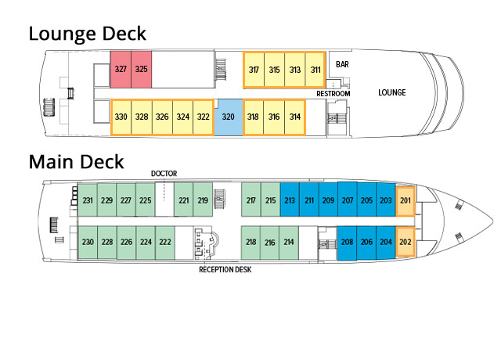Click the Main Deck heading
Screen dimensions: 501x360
[x=77, y=162]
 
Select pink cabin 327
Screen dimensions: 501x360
[x=121, y=70]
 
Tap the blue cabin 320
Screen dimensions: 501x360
[x=229, y=117]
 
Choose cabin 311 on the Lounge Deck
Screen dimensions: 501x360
[x=315, y=70]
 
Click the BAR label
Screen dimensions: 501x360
[x=342, y=64]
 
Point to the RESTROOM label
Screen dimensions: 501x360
[x=333, y=94]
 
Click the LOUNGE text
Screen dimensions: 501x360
[x=391, y=92]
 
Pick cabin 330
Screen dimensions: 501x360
[x=121, y=117]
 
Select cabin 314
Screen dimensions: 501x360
[x=295, y=117]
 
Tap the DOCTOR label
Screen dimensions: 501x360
[x=165, y=173]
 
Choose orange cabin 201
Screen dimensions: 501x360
[x=405, y=200]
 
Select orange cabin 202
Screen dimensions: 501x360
[x=405, y=242]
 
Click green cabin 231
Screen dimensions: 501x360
[x=88, y=200]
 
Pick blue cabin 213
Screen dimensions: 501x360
[x=290, y=200]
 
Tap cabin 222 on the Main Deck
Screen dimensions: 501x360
[x=165, y=242]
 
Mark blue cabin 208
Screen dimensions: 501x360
[x=347, y=242]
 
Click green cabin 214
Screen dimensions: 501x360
[x=290, y=242]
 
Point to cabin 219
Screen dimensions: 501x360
[x=203, y=200]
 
